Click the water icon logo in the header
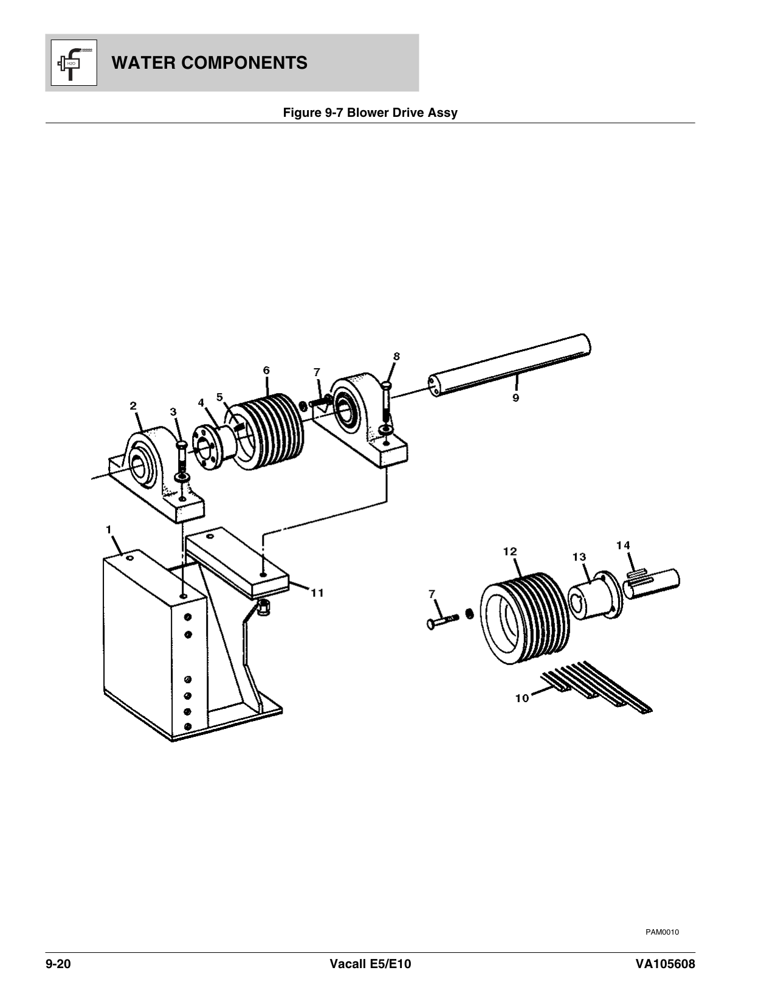click(71, 62)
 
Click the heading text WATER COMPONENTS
click(210, 63)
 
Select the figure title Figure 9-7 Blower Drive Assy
click(370, 113)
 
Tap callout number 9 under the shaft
click(515, 399)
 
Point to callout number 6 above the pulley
click(266, 370)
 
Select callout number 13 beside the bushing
click(579, 557)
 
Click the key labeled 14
click(636, 573)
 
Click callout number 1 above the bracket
click(109, 529)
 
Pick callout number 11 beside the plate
click(317, 592)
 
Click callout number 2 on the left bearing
click(133, 405)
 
